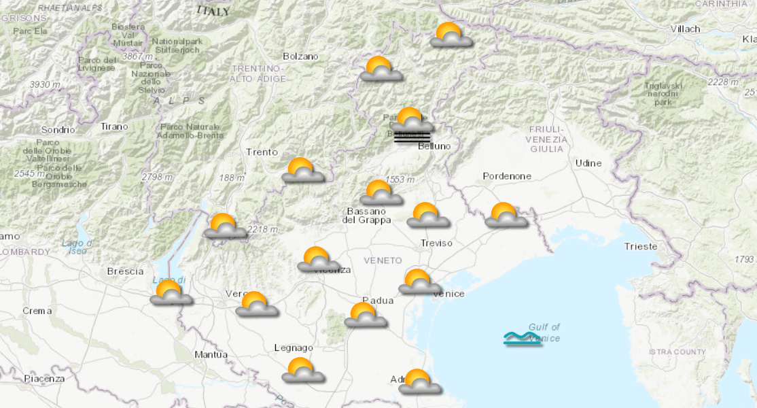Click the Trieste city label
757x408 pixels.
click(x=641, y=246)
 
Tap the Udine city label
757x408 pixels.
click(x=588, y=163)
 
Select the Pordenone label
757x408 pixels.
click(x=507, y=176)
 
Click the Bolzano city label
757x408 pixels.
click(x=300, y=56)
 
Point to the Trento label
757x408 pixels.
click(x=262, y=152)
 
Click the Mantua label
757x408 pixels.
click(x=211, y=354)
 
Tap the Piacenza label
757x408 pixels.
click(x=44, y=378)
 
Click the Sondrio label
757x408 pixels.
click(x=57, y=130)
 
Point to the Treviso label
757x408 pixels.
click(x=436, y=243)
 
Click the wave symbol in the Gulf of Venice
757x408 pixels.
click(x=522, y=338)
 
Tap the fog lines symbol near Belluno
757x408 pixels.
click(x=412, y=136)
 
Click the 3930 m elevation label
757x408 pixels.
click(x=45, y=84)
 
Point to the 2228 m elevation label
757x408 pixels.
click(x=722, y=82)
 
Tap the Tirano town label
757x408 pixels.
click(x=113, y=126)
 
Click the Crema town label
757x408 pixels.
click(x=37, y=311)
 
